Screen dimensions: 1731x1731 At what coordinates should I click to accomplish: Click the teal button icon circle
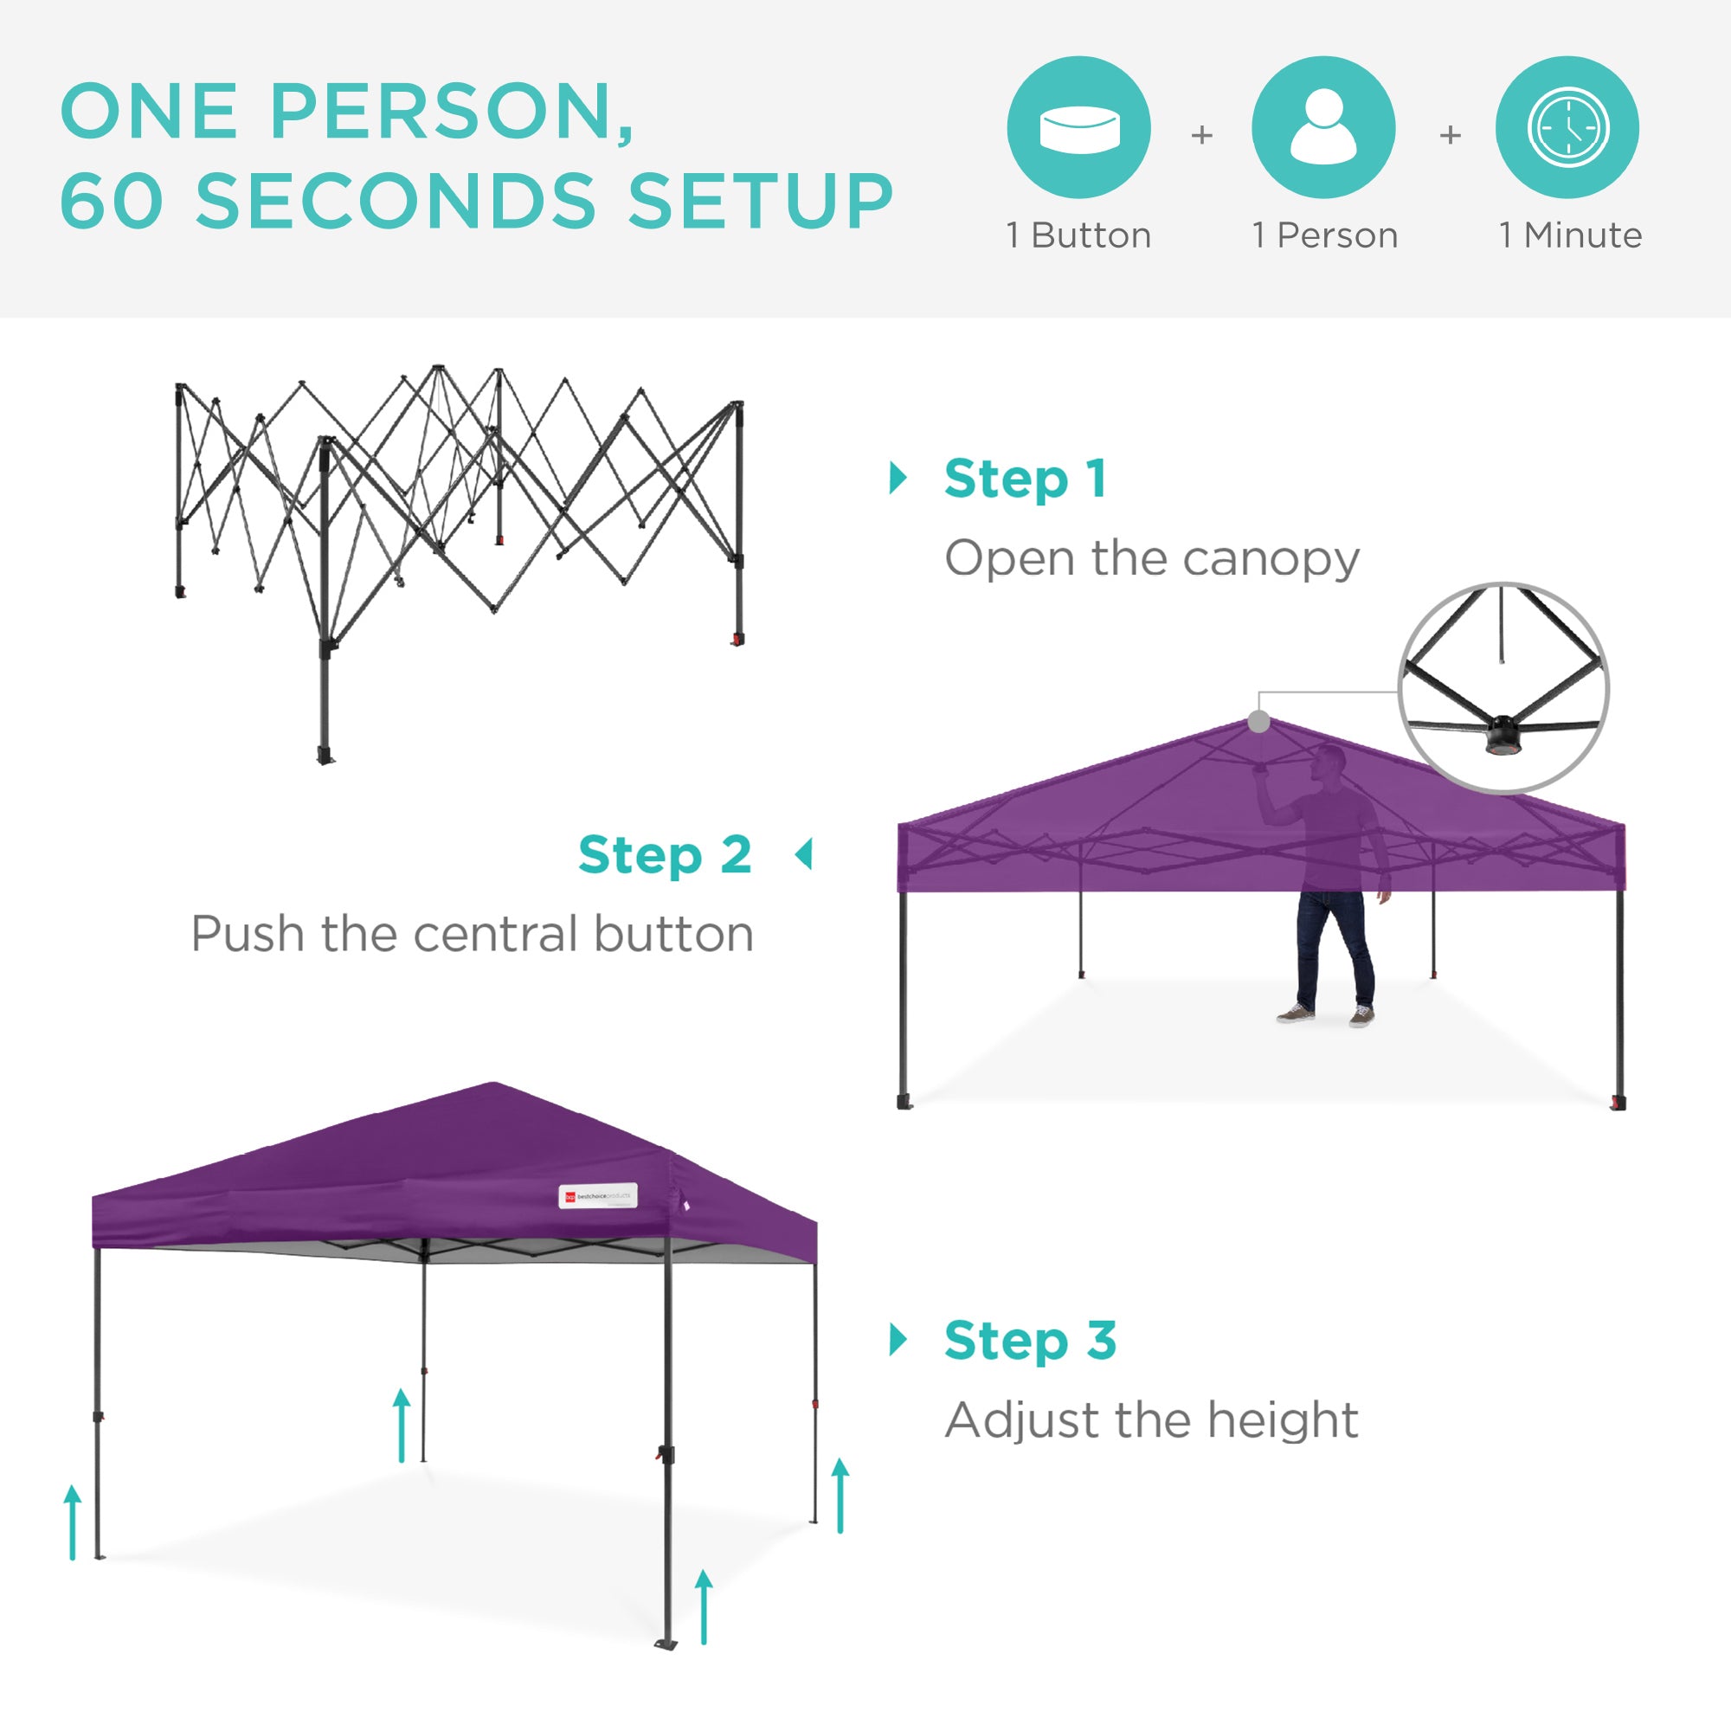click(x=1078, y=127)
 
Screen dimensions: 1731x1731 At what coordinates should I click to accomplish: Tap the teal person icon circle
click(x=1323, y=127)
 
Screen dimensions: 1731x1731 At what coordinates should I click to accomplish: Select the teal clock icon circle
click(x=1567, y=127)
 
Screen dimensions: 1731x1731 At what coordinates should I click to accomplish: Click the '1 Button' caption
click(x=1078, y=235)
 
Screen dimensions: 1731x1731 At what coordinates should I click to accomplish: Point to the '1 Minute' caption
click(x=1571, y=235)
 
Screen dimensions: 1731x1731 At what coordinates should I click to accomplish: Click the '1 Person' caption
click(x=1324, y=235)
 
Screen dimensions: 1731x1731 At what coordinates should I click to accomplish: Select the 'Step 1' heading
click(x=1026, y=479)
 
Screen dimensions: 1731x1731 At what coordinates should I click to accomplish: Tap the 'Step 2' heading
click(x=665, y=855)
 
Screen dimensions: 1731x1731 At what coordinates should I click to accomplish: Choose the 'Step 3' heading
click(x=1030, y=1341)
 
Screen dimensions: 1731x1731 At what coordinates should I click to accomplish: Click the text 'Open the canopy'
click(x=1152, y=559)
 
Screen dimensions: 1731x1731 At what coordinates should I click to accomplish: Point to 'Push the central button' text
click(x=473, y=935)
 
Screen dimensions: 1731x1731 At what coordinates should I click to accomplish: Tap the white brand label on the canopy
click(x=597, y=1196)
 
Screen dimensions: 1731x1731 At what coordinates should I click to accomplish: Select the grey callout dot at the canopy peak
click(x=1258, y=721)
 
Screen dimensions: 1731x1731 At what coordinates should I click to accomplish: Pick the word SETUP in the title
click(x=760, y=201)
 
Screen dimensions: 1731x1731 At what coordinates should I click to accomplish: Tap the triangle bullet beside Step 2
click(x=805, y=855)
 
